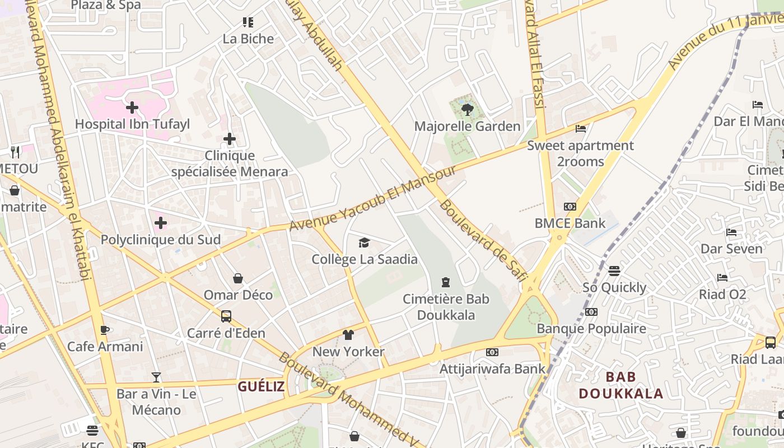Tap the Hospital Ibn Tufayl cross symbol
pos(132,107)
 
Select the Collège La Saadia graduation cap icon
pos(365,242)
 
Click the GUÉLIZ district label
pos(261,386)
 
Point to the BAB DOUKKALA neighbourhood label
pos(620,385)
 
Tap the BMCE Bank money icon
pos(570,207)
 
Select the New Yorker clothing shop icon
pos(348,335)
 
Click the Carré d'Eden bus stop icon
pos(226,316)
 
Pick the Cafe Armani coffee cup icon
pos(105,330)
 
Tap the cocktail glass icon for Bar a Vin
pos(156,377)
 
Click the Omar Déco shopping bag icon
pos(238,278)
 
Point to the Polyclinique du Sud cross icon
pos(161,223)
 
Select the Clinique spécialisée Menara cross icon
pos(230,139)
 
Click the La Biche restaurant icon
pos(248,22)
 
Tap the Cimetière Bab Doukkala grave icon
pos(446,282)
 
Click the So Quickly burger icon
pos(614,271)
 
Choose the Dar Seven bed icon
pos(731,232)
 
